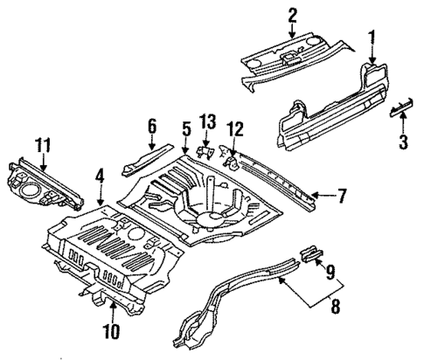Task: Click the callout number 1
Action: point(372,38)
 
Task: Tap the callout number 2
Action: point(292,14)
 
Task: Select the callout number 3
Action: point(403,142)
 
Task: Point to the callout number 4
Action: point(101,176)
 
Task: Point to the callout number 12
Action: point(233,129)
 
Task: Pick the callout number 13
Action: point(207,121)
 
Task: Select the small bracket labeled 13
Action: point(206,151)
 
